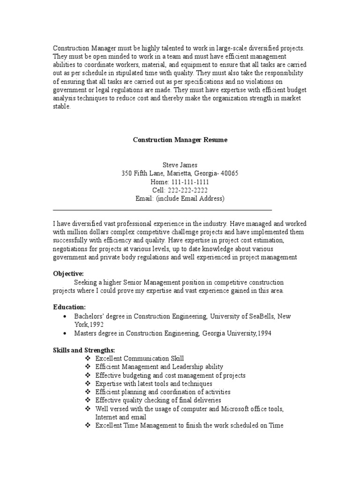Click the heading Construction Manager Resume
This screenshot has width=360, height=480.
[x=180, y=140]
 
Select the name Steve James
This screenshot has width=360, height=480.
[x=180, y=165]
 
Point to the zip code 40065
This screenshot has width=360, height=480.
[x=229, y=173]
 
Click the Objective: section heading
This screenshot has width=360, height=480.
[x=68, y=273]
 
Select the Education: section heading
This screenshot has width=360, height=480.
[x=69, y=307]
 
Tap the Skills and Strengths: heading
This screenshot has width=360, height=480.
[x=84, y=350]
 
